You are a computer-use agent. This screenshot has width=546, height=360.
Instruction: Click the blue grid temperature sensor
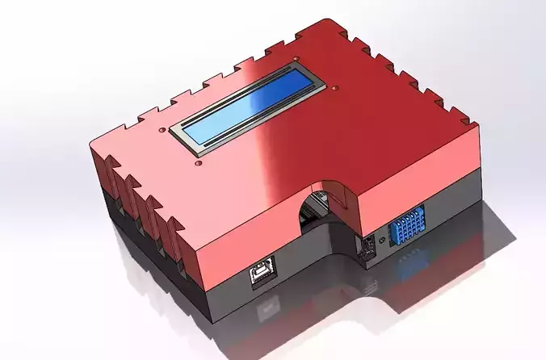[x=408, y=228]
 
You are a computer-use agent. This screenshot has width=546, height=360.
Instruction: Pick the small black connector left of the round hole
[x=366, y=245]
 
